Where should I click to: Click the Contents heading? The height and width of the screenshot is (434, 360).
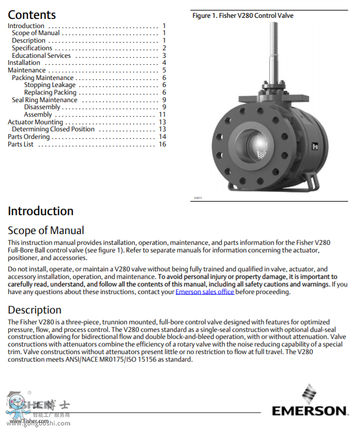(x=31, y=15)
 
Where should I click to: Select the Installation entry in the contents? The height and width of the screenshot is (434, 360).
(x=24, y=63)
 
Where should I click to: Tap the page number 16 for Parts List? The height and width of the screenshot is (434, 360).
(x=162, y=144)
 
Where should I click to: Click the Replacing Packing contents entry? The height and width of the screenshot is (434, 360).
(x=50, y=92)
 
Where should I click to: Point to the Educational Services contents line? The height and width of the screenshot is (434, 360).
(x=41, y=56)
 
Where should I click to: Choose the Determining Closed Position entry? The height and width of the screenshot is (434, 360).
(x=53, y=129)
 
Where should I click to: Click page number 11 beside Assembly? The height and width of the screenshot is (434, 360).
(x=162, y=115)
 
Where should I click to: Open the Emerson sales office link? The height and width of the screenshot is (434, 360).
(x=205, y=292)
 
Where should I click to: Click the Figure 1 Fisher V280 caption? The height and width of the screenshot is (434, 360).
(x=243, y=16)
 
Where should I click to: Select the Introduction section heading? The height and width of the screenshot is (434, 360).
(x=41, y=211)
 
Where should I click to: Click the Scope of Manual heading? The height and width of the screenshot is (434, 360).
(x=46, y=231)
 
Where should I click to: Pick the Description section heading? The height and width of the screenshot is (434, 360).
(x=35, y=310)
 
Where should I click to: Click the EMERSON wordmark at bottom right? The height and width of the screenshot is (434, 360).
(x=310, y=411)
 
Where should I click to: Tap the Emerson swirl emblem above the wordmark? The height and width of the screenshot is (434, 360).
(x=310, y=393)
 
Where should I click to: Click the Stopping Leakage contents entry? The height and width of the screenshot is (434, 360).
(x=50, y=85)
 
